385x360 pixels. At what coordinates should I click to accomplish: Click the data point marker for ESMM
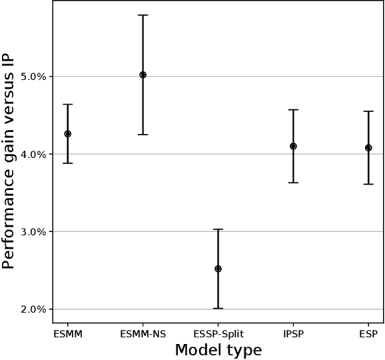[x=67, y=134]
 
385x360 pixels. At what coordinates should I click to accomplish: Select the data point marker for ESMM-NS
[x=143, y=75]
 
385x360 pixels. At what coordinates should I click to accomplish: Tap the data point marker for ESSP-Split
[x=218, y=269]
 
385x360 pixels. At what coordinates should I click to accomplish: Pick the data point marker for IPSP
[x=293, y=146]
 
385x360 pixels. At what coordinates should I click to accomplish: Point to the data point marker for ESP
[x=368, y=147]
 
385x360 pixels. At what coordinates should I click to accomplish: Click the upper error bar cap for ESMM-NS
[x=143, y=15]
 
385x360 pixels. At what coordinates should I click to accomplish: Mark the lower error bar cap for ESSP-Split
[x=218, y=309]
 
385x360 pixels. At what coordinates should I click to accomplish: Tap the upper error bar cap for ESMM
[x=67, y=105]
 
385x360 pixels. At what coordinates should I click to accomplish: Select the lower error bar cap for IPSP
[x=293, y=183]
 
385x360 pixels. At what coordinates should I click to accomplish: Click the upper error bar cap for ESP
[x=368, y=111]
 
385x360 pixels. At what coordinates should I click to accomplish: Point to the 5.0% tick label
[x=33, y=77]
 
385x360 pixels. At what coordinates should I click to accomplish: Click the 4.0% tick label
[x=33, y=155]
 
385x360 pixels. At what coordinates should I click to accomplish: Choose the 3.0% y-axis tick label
[x=33, y=232]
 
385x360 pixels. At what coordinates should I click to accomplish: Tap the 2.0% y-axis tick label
[x=33, y=309]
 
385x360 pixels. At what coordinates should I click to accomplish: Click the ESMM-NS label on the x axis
[x=143, y=334]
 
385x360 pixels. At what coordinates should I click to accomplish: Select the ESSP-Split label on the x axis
[x=218, y=334]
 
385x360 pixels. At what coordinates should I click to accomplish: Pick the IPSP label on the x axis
[x=293, y=334]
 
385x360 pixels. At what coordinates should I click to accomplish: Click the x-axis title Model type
[x=218, y=350]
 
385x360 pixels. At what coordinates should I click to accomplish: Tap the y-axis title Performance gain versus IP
[x=9, y=161]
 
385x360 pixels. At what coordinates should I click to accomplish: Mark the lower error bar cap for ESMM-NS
[x=143, y=135]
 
